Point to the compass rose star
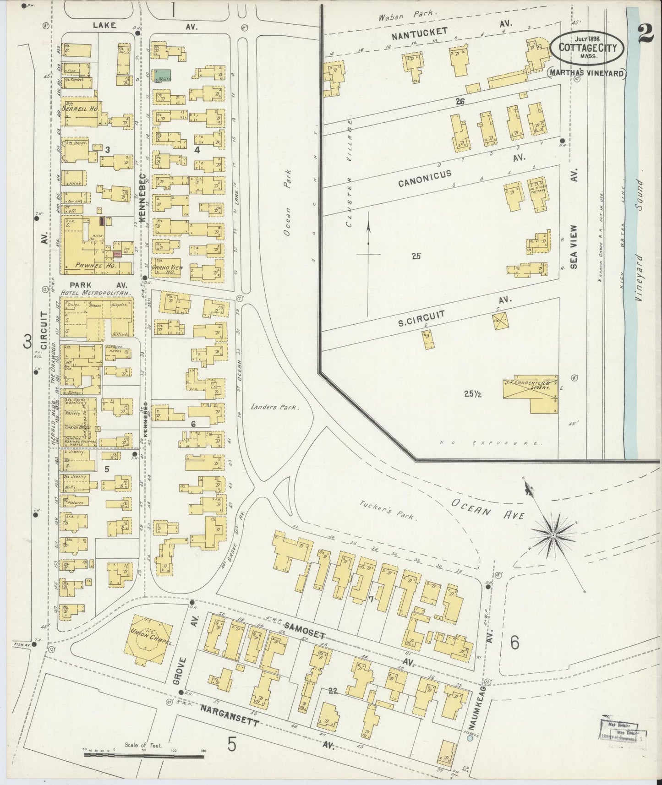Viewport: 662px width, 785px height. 553,534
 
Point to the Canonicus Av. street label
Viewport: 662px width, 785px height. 424,178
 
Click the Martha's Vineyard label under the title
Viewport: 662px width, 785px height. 587,72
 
